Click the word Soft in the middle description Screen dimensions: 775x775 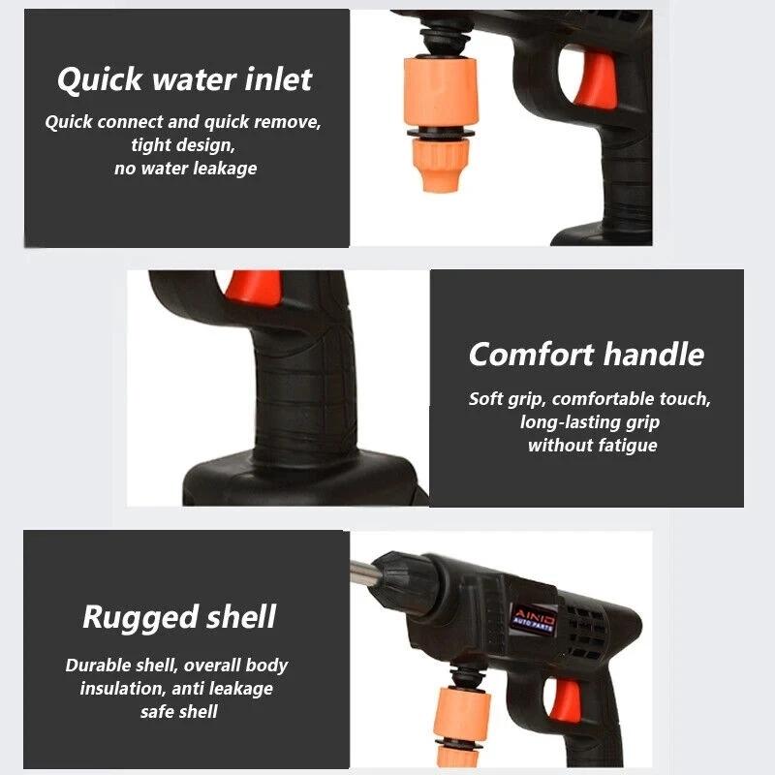[x=487, y=399]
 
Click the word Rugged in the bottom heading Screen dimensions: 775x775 [x=136, y=617]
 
